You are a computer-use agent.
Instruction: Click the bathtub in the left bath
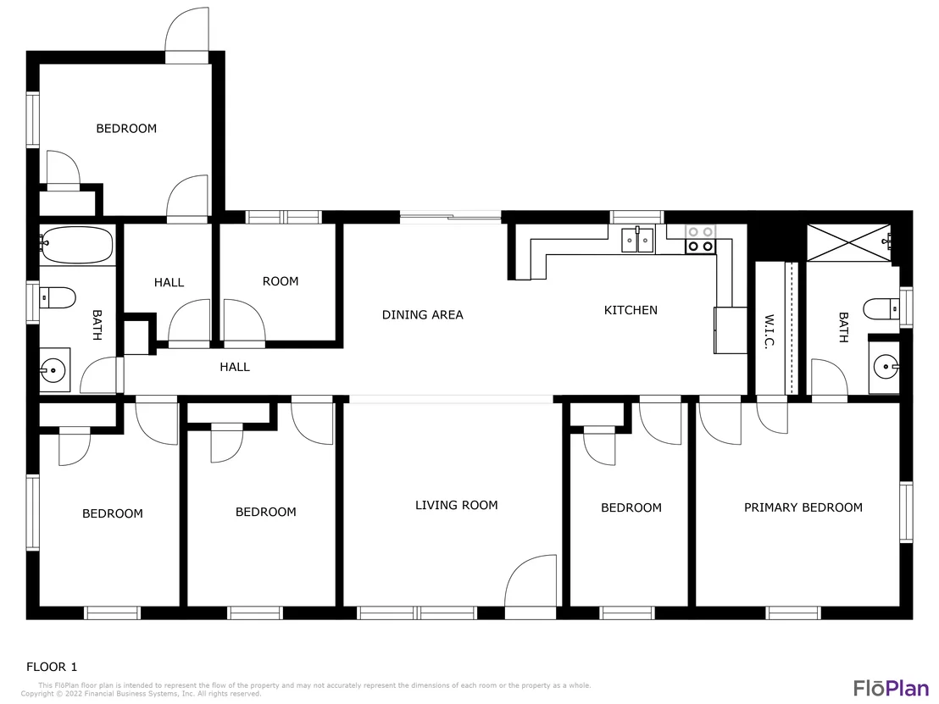click(76, 245)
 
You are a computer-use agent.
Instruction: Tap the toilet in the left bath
click(58, 297)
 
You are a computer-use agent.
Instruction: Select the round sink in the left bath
click(54, 370)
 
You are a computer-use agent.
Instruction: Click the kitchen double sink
click(637, 240)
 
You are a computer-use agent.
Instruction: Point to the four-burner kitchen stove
click(701, 239)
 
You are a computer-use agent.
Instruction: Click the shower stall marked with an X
click(848, 242)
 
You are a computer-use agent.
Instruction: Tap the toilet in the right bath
click(881, 309)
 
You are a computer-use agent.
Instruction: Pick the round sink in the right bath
click(886, 366)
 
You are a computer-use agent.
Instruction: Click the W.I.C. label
click(770, 330)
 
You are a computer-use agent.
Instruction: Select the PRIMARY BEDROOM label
click(803, 507)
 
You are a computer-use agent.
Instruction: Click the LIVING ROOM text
click(456, 505)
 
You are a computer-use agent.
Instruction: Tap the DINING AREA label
click(423, 315)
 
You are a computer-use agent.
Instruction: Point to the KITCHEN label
click(631, 310)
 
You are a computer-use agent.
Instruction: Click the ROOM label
click(281, 281)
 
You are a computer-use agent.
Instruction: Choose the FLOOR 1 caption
click(52, 667)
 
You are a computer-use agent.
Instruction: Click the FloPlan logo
click(891, 688)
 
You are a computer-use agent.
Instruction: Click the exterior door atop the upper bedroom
click(186, 35)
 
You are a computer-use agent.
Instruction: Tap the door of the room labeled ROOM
click(244, 324)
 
